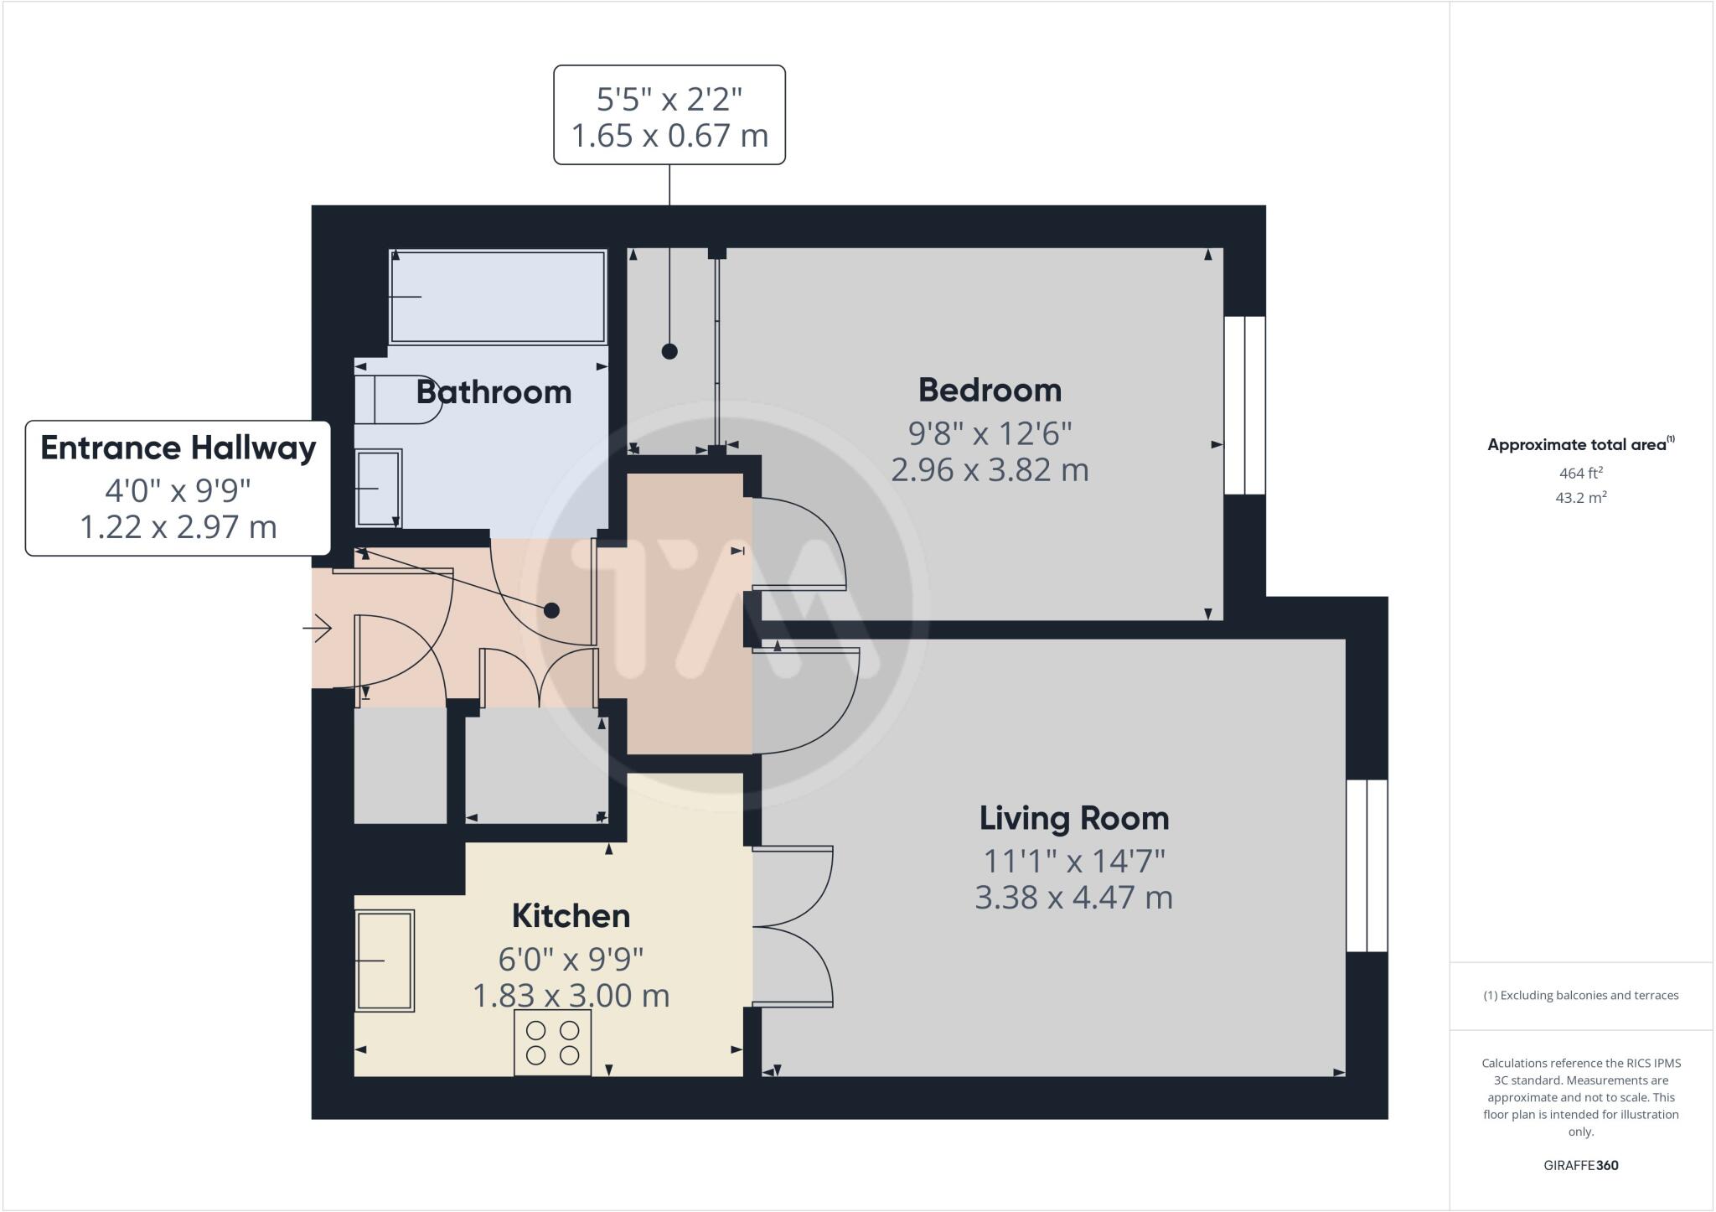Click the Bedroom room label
(x=990, y=391)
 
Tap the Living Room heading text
(x=1073, y=818)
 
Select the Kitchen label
(x=571, y=916)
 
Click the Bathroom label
(x=494, y=392)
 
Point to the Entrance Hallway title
(x=178, y=448)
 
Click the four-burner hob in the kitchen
(x=552, y=1042)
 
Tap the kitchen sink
(x=385, y=961)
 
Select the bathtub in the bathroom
(x=498, y=297)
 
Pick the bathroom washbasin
(x=379, y=489)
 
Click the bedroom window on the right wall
(x=1245, y=405)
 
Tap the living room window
(x=1367, y=866)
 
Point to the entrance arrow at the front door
(x=318, y=628)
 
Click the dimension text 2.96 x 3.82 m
(x=990, y=469)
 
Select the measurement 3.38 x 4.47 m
(x=1073, y=898)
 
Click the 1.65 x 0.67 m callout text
(x=669, y=135)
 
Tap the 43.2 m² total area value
(x=1580, y=498)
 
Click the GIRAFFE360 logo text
(x=1580, y=1165)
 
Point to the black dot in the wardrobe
(x=669, y=352)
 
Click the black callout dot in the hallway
(x=551, y=610)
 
